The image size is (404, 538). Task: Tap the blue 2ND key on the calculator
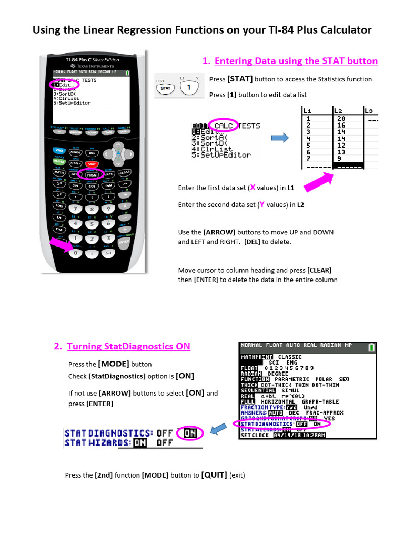tap(59, 151)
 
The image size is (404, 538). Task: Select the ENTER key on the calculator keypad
tap(124, 242)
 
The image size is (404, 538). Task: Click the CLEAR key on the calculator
tap(125, 172)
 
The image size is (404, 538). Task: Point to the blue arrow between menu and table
tap(280, 138)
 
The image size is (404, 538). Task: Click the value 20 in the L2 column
tap(341, 119)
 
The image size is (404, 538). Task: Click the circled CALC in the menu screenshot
tap(224, 126)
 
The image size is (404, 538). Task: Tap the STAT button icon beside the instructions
tap(166, 88)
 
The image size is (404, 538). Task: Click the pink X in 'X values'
tap(252, 188)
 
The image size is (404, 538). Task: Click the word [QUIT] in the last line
tap(214, 474)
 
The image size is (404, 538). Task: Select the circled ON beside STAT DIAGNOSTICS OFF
tap(190, 433)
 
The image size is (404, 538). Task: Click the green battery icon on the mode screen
tap(372, 347)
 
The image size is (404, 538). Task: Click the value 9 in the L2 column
tap(339, 159)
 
